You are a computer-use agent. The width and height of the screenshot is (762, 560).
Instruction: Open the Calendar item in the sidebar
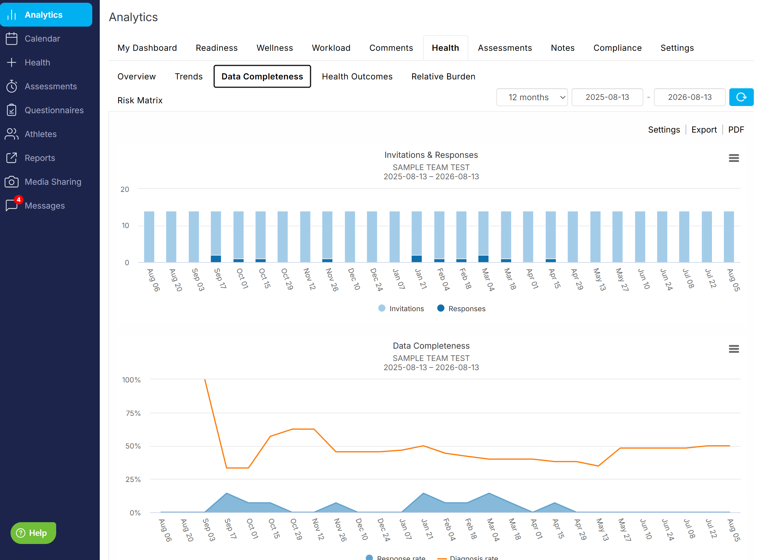(x=42, y=39)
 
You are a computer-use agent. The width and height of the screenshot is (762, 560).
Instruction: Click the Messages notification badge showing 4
(x=18, y=200)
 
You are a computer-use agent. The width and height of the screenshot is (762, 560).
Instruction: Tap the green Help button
(x=33, y=533)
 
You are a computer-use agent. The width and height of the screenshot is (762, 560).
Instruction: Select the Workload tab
(x=331, y=48)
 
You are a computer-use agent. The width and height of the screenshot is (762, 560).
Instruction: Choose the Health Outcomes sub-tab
(x=357, y=76)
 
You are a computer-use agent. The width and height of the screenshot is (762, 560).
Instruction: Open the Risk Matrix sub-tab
(x=140, y=100)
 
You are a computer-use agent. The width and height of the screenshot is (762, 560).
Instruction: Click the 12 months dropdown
(x=532, y=97)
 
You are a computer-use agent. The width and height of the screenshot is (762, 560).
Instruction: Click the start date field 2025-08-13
(x=607, y=97)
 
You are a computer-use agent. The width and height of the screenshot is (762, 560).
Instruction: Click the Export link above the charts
(x=704, y=130)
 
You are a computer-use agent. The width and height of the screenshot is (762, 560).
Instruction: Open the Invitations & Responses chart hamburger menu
(x=734, y=158)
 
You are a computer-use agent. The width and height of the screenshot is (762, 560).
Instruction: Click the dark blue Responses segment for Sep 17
(x=216, y=259)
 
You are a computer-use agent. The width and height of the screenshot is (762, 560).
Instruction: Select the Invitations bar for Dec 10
(x=350, y=237)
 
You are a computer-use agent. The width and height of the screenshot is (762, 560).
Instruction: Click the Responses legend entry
(x=461, y=308)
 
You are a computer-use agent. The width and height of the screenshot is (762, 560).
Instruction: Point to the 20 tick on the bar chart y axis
(x=125, y=189)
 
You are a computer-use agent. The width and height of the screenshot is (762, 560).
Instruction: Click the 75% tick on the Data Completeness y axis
(x=133, y=413)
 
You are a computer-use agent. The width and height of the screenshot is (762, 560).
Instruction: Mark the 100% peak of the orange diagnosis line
(x=205, y=379)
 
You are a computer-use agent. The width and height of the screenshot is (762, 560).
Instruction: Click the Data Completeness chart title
(x=431, y=346)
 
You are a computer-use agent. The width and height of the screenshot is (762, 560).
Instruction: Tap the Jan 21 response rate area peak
(x=423, y=493)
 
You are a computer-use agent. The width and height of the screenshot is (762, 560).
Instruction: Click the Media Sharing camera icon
(x=12, y=182)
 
